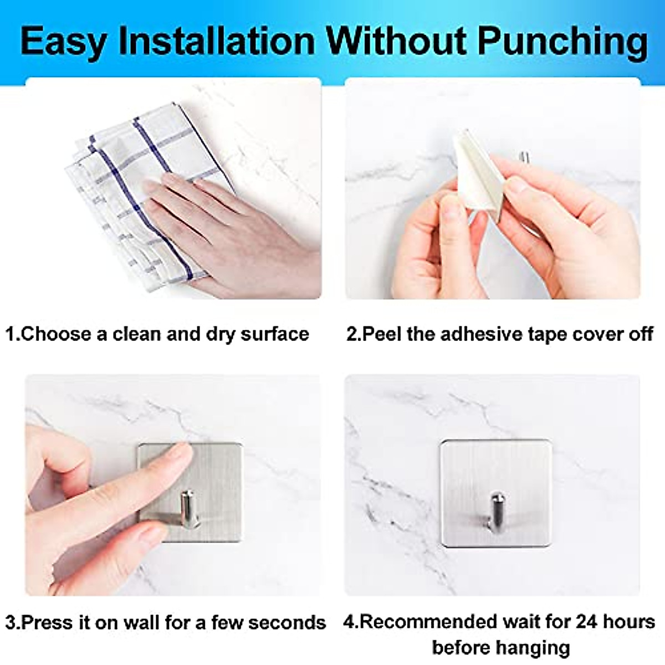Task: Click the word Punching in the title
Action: point(563,43)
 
